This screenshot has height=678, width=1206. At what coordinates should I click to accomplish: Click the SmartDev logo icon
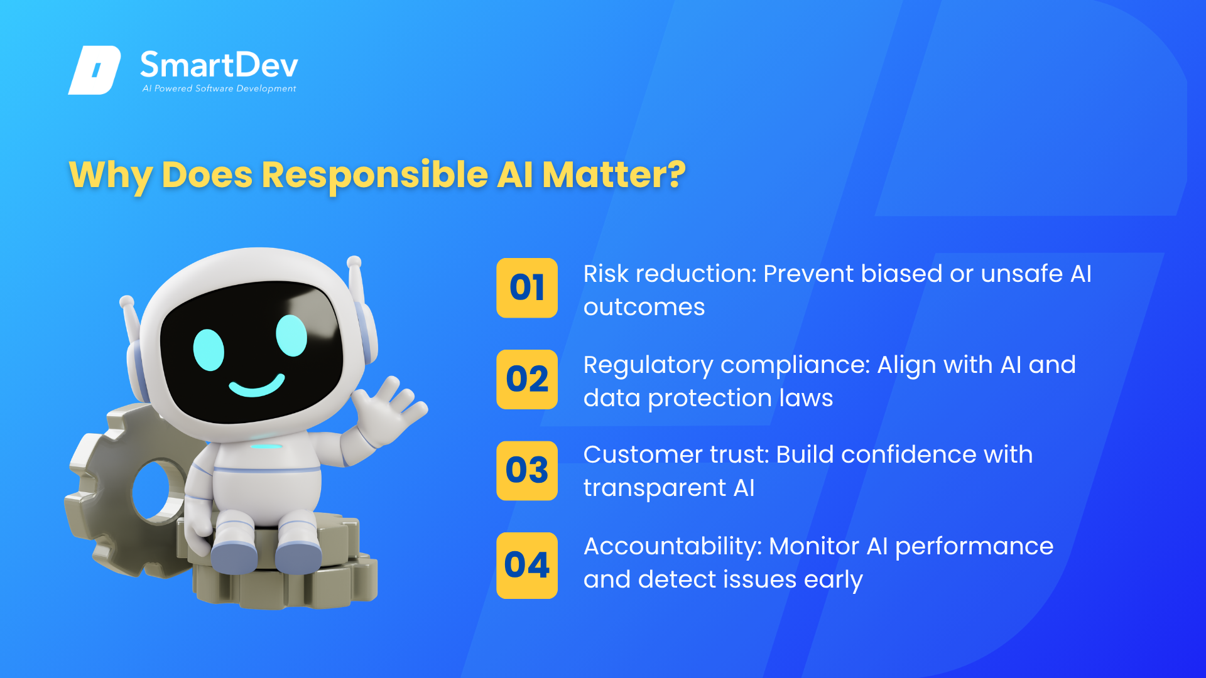[x=94, y=70]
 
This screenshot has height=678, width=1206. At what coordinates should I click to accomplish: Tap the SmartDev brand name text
[x=219, y=65]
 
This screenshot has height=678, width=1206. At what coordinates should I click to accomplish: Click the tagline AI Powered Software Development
[x=219, y=89]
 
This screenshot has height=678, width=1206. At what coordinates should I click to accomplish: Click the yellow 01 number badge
[x=527, y=288]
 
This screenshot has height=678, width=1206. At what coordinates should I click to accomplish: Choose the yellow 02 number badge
[x=527, y=379]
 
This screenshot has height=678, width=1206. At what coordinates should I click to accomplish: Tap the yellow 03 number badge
[x=527, y=470]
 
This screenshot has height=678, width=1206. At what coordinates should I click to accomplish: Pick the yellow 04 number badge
[x=527, y=565]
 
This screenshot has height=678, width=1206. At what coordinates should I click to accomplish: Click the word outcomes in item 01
[x=644, y=308]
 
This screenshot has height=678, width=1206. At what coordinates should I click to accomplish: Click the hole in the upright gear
[x=155, y=493]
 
